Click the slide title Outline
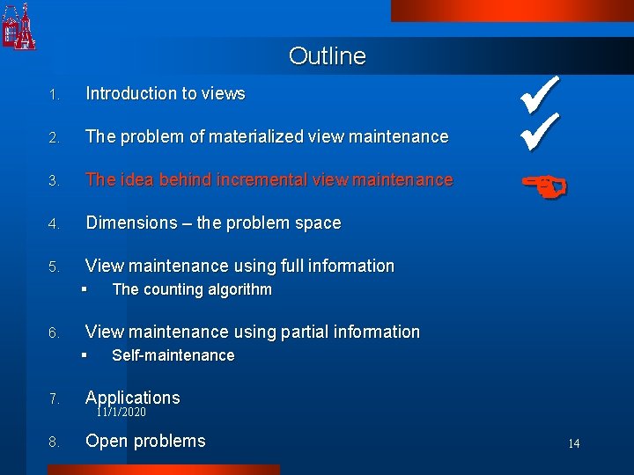pos(327,56)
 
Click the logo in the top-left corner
pos(18,26)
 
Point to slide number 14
pos(573,443)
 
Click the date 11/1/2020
pos(122,412)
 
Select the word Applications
pos(132,398)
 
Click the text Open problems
pos(145,441)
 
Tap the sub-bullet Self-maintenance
pos(173,355)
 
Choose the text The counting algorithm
pos(192,289)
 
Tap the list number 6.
pos(54,333)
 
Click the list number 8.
pos(54,442)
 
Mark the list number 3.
pos(54,181)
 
